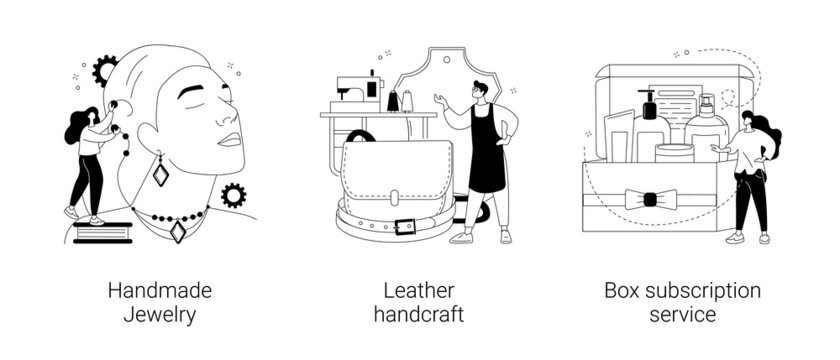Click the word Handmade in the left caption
[x=160, y=291]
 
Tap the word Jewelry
[x=160, y=315]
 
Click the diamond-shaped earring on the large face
[x=160, y=171]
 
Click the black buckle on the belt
[x=404, y=226]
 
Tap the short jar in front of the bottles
[x=674, y=153]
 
